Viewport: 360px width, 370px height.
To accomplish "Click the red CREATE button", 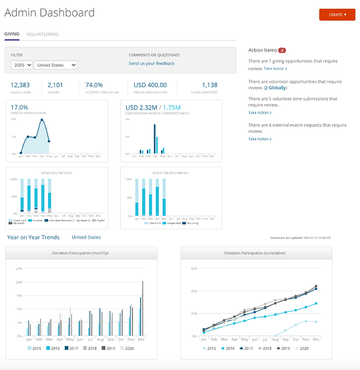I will pos(337,14).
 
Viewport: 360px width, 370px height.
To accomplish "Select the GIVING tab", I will pos(12,34).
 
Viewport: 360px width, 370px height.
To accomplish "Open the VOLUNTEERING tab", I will pos(42,34).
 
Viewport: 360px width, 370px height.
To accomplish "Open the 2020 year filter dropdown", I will pos(21,65).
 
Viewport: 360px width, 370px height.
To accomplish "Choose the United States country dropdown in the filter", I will pos(55,65).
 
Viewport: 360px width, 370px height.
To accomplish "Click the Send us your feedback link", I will pos(152,63).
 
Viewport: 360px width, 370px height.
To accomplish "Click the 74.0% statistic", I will pos(94,85).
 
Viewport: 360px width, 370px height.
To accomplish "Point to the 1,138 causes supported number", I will pos(210,85).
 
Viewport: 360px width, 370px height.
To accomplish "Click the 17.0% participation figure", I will pos(19,107).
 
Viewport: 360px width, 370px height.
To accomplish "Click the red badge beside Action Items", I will pos(282,50).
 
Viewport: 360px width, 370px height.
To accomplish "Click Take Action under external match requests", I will pos(259,139).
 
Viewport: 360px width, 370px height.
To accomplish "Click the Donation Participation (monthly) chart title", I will pos(81,253).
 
